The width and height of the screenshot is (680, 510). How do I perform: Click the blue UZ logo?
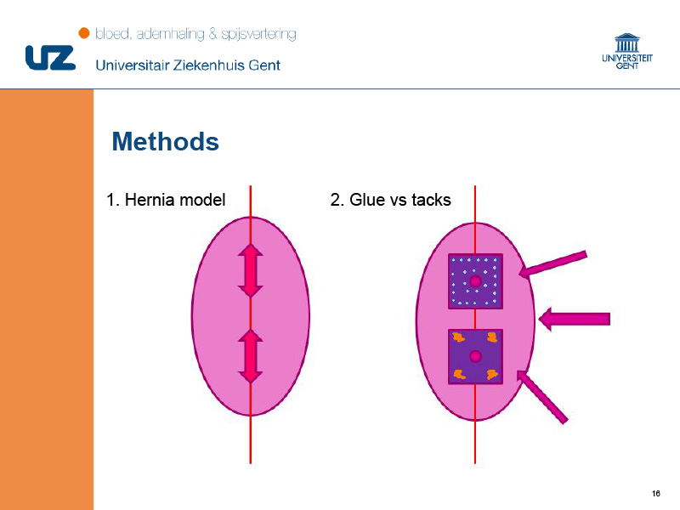click(x=50, y=58)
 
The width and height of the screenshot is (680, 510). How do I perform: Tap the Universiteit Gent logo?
click(x=627, y=51)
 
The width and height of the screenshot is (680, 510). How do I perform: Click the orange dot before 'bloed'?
click(x=83, y=33)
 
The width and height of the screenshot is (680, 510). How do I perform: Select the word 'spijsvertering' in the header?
click(x=259, y=34)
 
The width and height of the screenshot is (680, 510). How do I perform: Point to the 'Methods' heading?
click(x=165, y=141)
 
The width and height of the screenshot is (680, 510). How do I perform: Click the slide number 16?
click(x=655, y=493)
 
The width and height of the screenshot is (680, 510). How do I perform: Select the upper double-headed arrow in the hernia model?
click(x=250, y=270)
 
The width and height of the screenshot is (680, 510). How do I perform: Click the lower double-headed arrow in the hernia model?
click(x=250, y=356)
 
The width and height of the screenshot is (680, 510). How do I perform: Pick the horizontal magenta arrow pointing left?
click(x=575, y=320)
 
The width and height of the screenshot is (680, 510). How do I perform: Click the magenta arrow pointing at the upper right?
click(x=553, y=264)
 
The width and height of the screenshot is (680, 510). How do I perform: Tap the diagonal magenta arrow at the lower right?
click(x=542, y=397)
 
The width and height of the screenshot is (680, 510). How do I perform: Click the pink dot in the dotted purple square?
click(x=475, y=281)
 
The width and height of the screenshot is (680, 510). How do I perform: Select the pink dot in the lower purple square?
click(x=475, y=356)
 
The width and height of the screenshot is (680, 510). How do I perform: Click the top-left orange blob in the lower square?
click(x=458, y=337)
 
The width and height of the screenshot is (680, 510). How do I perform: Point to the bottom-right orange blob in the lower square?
click(x=492, y=374)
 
